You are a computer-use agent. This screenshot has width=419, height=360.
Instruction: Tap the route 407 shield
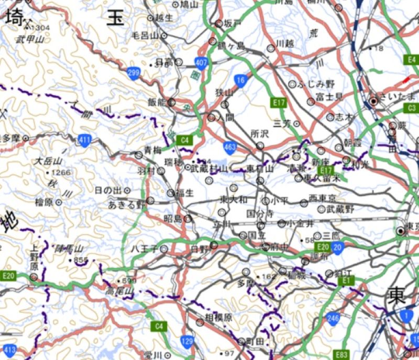pyautogui.click(x=202, y=62)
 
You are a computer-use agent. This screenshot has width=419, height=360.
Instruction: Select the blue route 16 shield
pyautogui.click(x=240, y=80)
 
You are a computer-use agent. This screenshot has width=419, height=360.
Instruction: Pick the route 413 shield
pyautogui.click(x=9, y=348)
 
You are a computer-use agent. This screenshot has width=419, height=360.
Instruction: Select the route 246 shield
pyautogui.click(x=333, y=318)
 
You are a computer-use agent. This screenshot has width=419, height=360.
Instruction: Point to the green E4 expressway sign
pyautogui.click(x=412, y=60)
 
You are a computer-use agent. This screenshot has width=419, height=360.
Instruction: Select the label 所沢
pyautogui.click(x=259, y=134)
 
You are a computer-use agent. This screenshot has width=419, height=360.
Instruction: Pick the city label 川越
pyautogui.click(x=285, y=43)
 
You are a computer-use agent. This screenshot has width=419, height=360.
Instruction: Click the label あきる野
pyautogui.click(x=126, y=205)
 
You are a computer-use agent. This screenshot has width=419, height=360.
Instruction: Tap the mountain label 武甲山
pyautogui.click(x=30, y=39)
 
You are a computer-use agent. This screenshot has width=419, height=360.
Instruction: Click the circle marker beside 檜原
pyautogui.click(x=59, y=201)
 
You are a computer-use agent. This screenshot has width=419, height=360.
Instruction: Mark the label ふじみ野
pyautogui.click(x=316, y=84)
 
